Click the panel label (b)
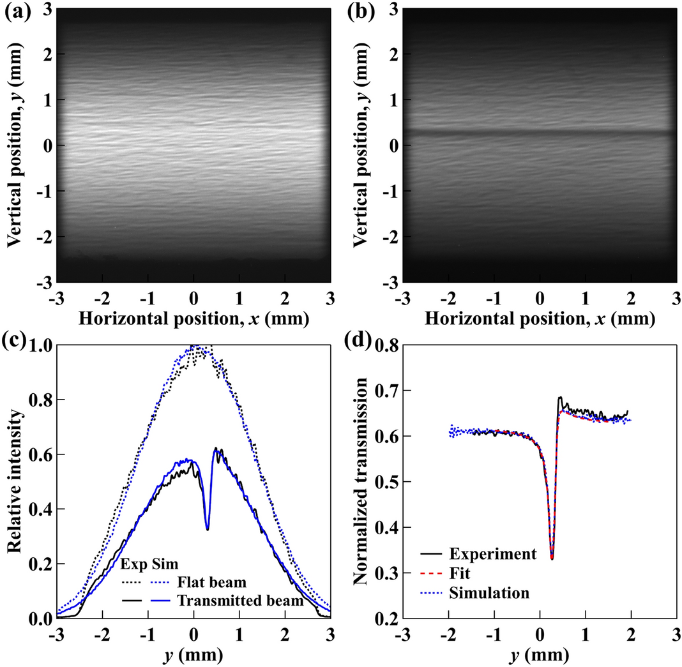pos(362,10)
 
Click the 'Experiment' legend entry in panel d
pos(492,553)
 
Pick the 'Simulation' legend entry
pos(489,593)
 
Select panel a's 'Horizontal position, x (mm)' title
pos(193,317)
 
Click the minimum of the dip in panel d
pos(552,558)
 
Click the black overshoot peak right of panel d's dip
pos(561,397)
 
